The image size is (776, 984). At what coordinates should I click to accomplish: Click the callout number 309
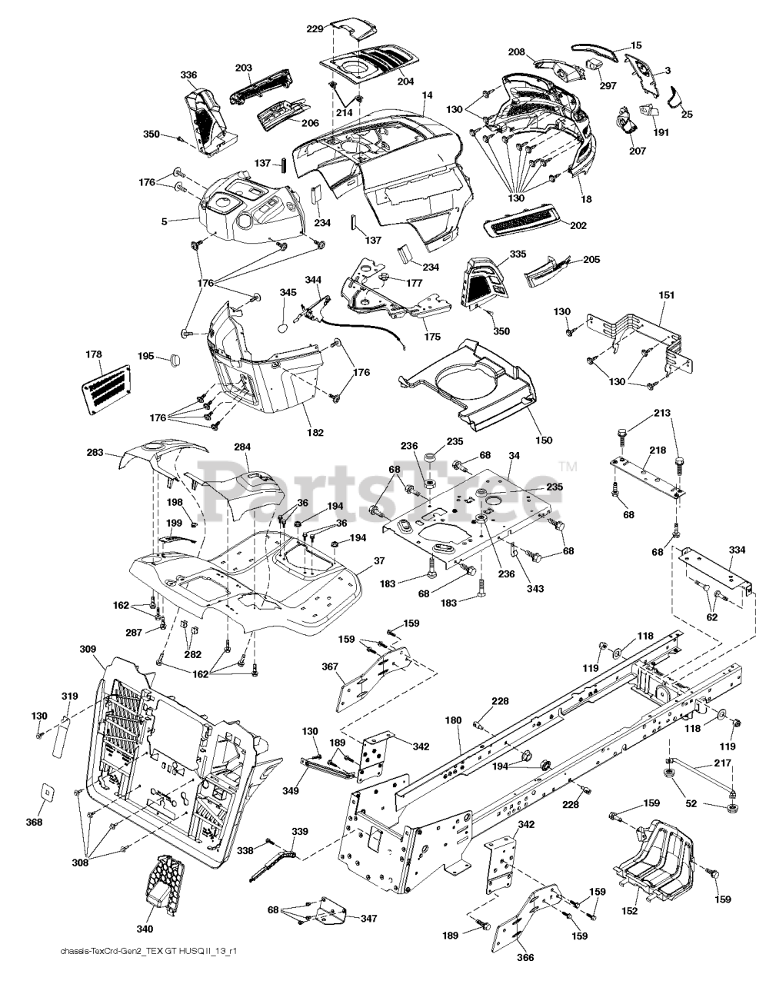(x=88, y=650)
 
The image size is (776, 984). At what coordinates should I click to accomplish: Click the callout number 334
(x=737, y=550)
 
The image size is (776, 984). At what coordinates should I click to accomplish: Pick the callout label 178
(x=93, y=354)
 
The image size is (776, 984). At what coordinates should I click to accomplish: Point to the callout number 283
(x=95, y=455)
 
